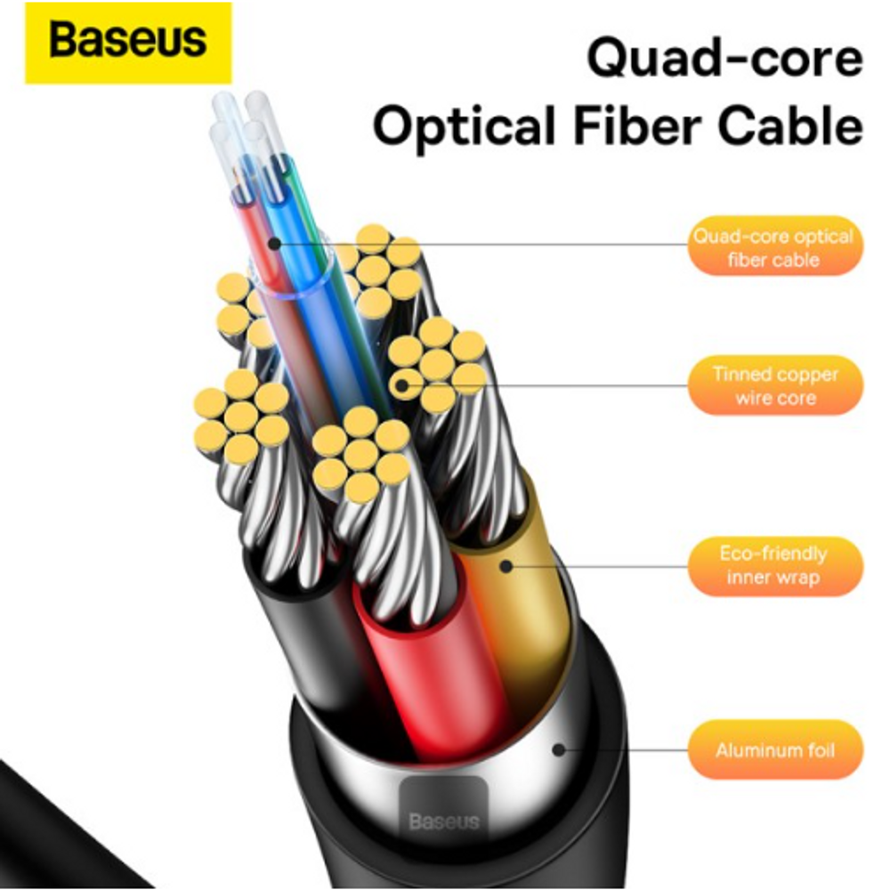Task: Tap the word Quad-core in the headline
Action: pos(724,60)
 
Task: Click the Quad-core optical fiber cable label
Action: pos(774,248)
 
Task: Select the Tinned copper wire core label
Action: pos(774,386)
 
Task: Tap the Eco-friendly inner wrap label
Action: pos(774,565)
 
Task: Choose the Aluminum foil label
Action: pos(774,750)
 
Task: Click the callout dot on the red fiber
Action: pos(274,242)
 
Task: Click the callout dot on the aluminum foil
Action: pos(558,749)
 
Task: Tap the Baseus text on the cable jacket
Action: pos(444,820)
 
